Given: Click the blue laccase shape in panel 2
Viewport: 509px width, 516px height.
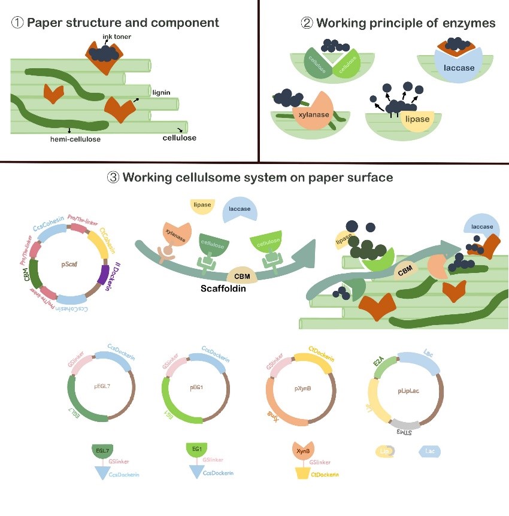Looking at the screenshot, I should pyautogui.click(x=458, y=66).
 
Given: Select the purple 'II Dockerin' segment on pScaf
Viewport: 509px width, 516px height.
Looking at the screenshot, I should pyautogui.click(x=104, y=278).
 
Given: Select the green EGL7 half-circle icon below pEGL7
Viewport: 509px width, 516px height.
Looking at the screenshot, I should pyautogui.click(x=103, y=450).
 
